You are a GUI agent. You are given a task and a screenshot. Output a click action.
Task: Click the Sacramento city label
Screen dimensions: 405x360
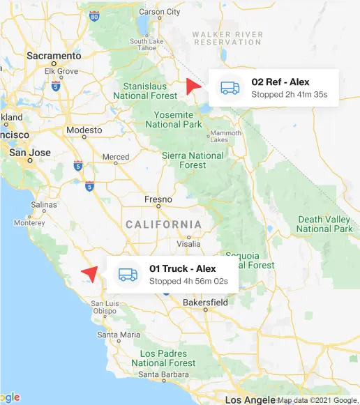[54, 55]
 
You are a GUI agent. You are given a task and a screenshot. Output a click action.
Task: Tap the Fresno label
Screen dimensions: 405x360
[157, 199]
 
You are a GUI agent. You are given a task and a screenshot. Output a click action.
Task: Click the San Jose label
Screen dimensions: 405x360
[29, 152]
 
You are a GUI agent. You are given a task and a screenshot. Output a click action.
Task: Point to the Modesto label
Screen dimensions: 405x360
[84, 130]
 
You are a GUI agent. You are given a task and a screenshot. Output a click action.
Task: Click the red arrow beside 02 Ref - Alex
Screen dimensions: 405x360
[193, 87]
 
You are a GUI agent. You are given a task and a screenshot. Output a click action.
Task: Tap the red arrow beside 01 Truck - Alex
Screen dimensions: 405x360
[89, 273]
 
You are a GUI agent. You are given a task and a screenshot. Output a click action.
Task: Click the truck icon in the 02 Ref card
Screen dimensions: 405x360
[230, 88]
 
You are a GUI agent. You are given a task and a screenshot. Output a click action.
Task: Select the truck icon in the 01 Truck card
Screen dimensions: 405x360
[128, 275]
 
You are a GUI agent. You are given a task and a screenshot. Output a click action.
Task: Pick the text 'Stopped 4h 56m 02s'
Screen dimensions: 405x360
[188, 281]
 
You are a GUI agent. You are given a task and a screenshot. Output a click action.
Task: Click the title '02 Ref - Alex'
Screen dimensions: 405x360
[280, 82]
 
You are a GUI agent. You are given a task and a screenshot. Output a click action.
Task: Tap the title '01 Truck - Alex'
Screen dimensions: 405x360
[183, 268]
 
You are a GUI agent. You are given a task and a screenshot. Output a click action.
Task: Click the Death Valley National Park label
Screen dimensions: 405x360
[324, 224]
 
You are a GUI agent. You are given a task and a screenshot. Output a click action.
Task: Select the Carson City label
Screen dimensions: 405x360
[161, 13]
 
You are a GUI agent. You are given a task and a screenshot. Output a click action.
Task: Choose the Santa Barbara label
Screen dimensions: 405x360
[165, 376]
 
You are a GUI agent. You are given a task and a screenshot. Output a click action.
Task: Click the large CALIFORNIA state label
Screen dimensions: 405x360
[164, 224]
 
